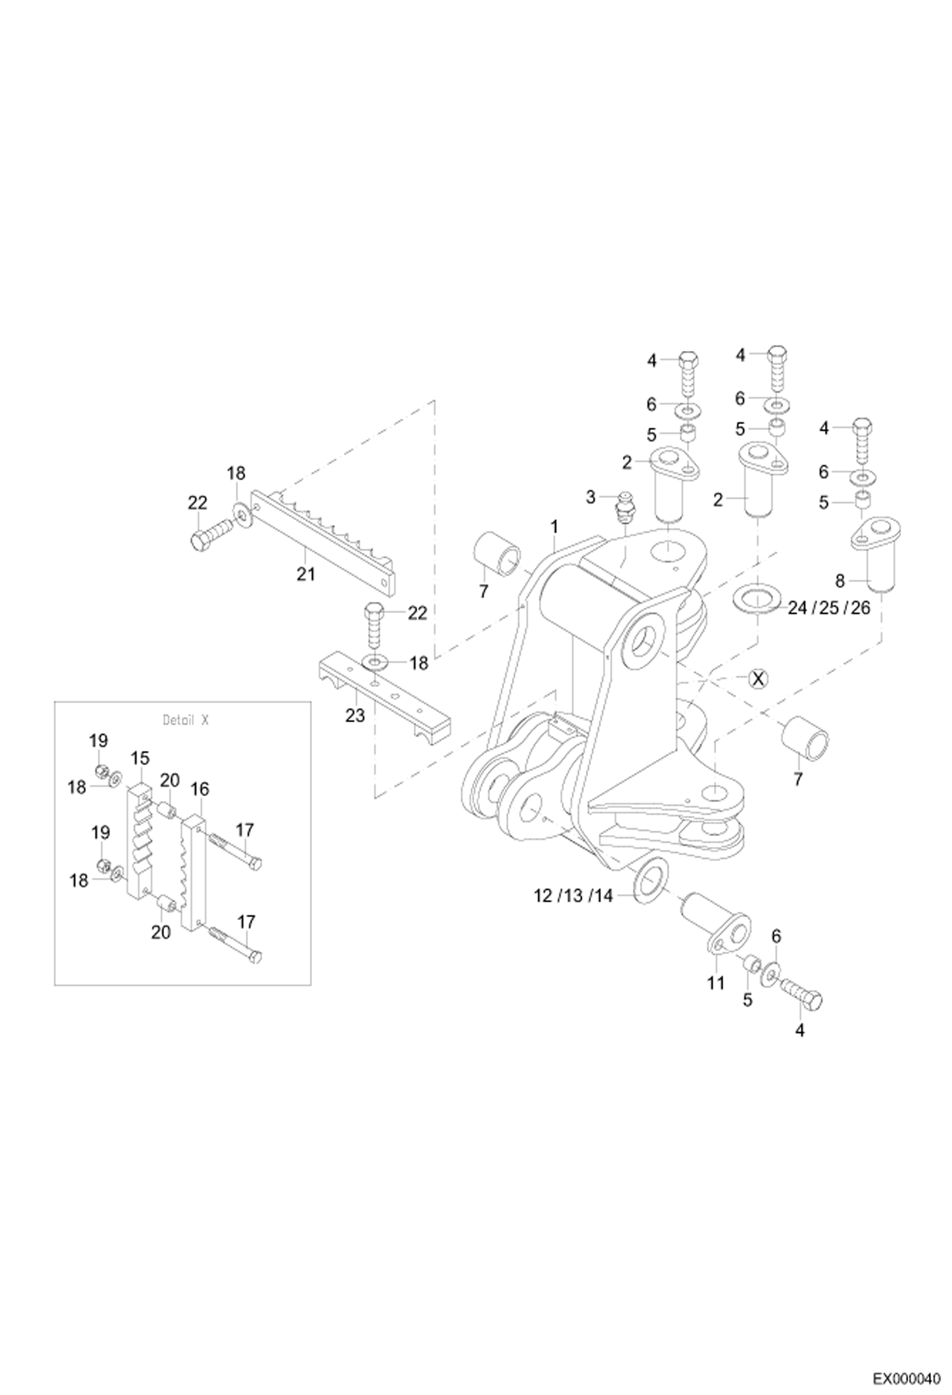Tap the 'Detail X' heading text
185,720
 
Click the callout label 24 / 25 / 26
828,608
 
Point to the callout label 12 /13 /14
573,896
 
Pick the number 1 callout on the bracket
554,527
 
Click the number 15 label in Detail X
140,758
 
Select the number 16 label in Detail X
200,789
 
